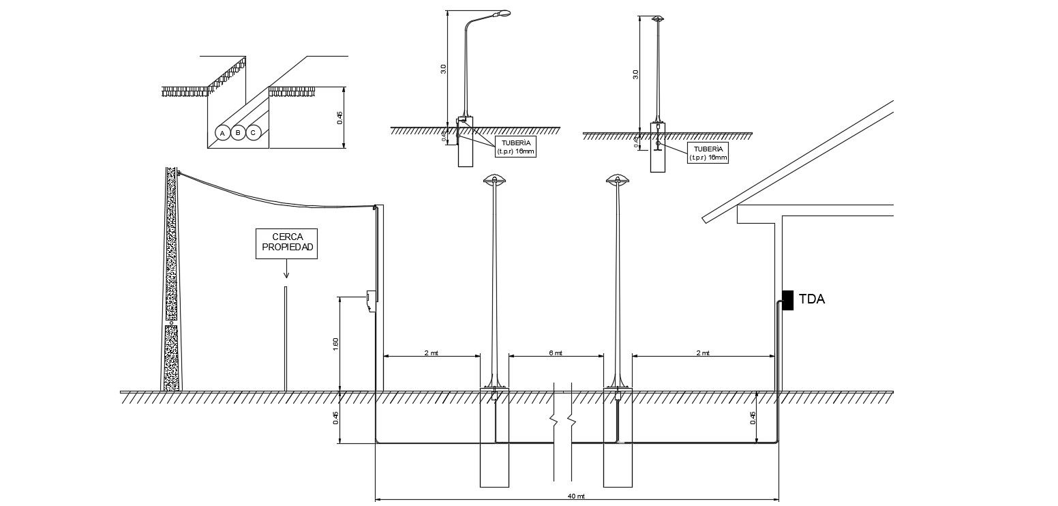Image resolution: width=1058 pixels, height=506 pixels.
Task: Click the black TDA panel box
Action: coord(787,300)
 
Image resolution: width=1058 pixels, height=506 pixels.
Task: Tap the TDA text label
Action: coord(812,299)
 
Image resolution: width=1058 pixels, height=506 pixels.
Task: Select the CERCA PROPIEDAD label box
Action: coord(286,243)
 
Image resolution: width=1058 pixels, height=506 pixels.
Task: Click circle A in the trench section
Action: coord(222,132)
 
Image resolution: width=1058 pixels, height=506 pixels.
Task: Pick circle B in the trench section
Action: coord(237,132)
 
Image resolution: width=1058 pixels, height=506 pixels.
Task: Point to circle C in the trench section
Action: coord(253,132)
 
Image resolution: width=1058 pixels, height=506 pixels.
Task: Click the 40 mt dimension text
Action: coord(577,496)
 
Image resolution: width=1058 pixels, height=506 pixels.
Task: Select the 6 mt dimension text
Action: coord(556,353)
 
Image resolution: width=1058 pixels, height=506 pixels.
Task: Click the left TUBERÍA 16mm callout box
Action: coord(515,147)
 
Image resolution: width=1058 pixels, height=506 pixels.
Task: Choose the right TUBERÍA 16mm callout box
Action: coord(708,152)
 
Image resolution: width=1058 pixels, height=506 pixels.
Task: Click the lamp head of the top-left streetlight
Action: coord(504,13)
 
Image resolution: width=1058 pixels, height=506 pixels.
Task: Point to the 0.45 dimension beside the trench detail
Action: coord(339,117)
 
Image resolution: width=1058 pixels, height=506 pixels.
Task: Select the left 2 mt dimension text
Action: coord(432,353)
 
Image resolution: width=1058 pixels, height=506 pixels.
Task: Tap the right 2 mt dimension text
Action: coord(703,353)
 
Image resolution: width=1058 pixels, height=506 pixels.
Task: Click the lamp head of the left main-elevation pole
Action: coord(495,179)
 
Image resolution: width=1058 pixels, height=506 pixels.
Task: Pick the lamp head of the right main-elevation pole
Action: coord(618,179)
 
